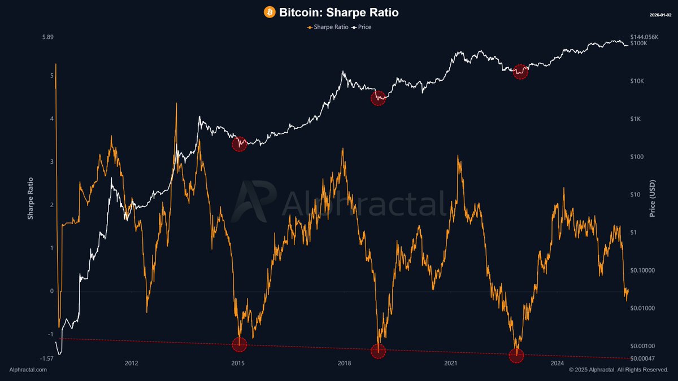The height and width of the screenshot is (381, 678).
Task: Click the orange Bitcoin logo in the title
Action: click(270, 12)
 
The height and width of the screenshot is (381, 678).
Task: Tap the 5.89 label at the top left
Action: click(47, 37)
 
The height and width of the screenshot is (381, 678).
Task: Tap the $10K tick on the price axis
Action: click(637, 81)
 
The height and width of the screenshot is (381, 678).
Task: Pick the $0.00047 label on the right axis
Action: click(643, 358)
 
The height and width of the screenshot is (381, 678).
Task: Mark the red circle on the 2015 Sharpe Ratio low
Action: click(240, 344)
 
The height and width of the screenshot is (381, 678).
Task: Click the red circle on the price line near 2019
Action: click(378, 98)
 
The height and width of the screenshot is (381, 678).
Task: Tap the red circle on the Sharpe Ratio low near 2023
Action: click(516, 356)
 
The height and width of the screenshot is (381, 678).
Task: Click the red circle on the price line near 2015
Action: click(240, 144)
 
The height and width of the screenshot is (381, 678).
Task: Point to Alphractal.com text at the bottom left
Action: click(28, 370)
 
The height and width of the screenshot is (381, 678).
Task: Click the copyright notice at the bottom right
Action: click(619, 370)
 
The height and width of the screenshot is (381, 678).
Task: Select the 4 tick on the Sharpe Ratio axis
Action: click(52, 119)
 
